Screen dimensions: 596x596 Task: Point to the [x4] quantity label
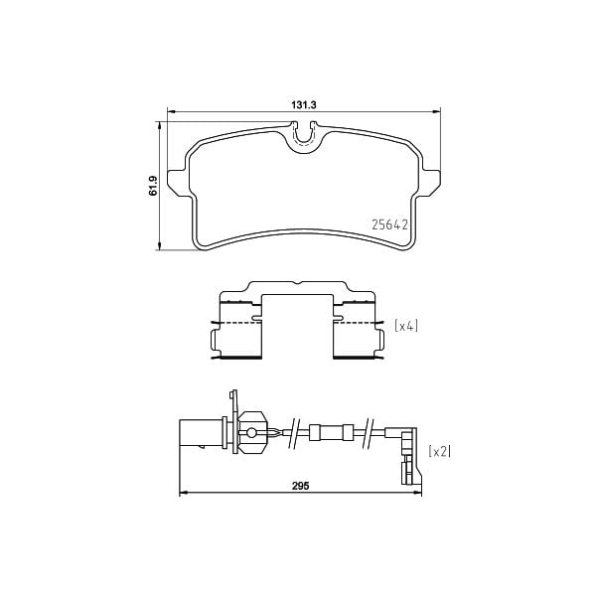coord(407,325)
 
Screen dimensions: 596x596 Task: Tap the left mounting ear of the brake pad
coord(177,183)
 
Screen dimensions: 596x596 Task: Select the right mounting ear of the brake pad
coord(433,183)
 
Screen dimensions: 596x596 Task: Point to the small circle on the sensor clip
coord(251,432)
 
